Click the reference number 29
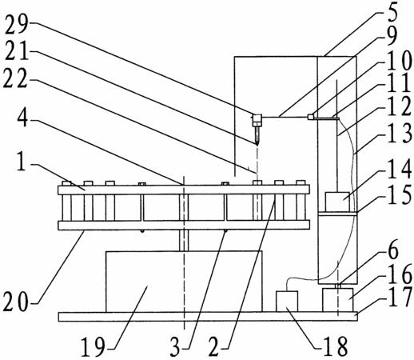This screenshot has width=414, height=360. (17, 25)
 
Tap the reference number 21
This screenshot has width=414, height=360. (17, 52)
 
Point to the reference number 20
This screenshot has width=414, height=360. (15, 302)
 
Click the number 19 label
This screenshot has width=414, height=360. (93, 346)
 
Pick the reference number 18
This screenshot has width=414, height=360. (335, 346)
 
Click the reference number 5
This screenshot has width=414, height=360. (392, 12)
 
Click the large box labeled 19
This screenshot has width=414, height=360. (184, 282)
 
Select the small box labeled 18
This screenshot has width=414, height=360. (287, 302)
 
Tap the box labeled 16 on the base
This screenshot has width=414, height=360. (338, 300)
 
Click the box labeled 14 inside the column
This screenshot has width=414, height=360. (337, 202)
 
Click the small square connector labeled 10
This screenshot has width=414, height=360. (310, 117)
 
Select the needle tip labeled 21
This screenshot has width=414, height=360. (257, 144)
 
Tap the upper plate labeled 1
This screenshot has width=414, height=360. (184, 190)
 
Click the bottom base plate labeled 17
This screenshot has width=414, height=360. (208, 317)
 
